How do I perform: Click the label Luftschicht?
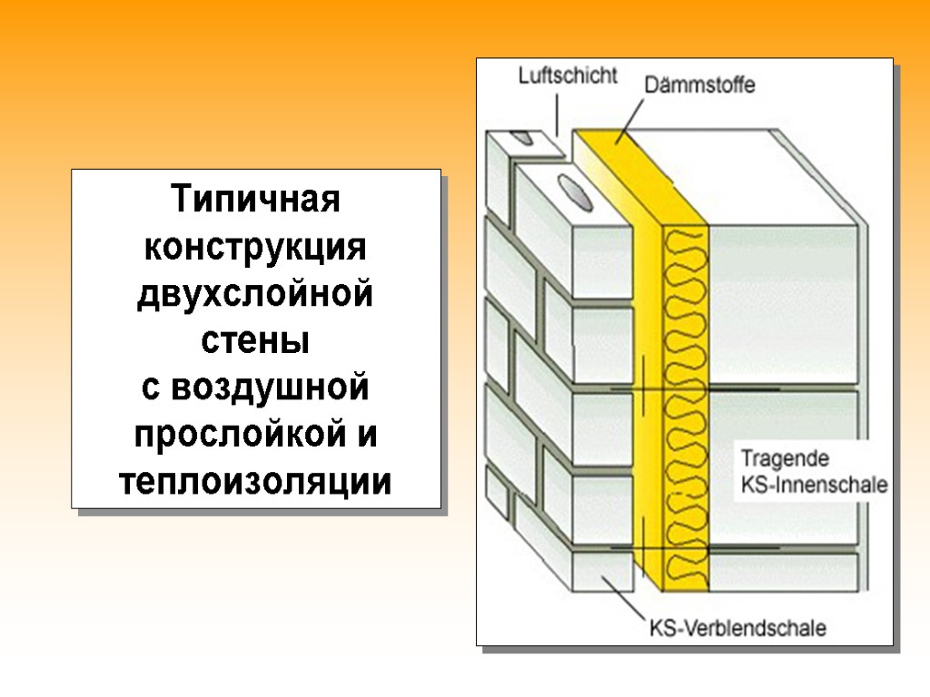click(568, 75)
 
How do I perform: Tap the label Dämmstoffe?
click(699, 86)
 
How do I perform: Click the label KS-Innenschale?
click(814, 485)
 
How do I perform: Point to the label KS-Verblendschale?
click(737, 626)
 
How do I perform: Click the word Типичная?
click(256, 199)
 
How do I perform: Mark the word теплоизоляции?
click(256, 483)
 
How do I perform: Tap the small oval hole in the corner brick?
click(522, 138)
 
